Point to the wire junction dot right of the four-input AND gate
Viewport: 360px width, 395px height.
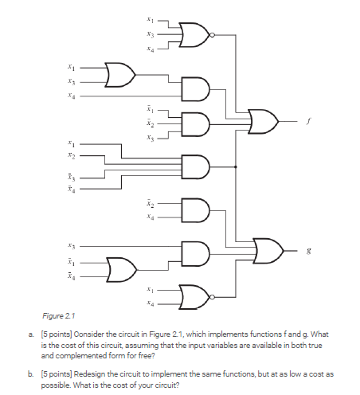tap(237, 167)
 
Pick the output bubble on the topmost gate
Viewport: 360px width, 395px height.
tap(211, 34)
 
